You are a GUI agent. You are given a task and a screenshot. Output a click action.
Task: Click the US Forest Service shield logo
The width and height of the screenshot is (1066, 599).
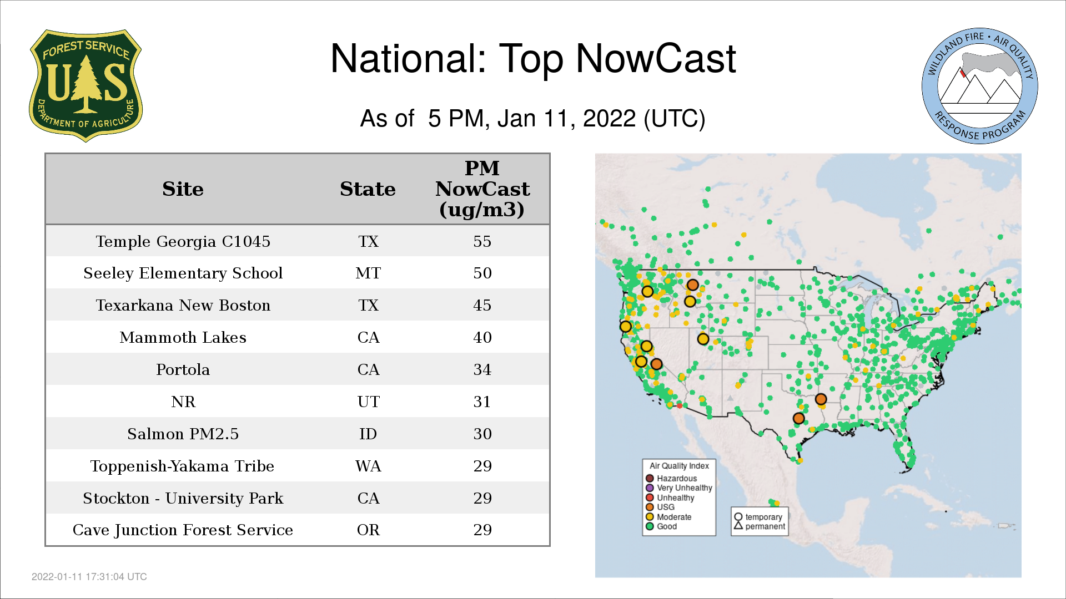86,85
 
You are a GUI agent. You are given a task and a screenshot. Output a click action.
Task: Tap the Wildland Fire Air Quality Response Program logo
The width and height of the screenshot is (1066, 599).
979,86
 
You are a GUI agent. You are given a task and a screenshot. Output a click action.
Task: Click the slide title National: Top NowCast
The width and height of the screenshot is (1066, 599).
533,58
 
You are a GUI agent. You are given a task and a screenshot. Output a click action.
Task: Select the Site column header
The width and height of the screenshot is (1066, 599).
183,189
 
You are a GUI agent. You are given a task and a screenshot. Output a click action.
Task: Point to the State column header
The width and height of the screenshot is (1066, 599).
368,189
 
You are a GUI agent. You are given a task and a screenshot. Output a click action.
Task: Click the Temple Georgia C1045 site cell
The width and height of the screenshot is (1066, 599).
183,241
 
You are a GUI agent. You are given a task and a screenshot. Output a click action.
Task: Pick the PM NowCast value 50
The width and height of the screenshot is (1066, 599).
482,273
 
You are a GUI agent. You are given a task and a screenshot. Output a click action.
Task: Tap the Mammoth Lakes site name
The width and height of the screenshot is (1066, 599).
183,337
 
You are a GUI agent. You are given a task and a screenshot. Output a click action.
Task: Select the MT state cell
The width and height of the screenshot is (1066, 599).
368,273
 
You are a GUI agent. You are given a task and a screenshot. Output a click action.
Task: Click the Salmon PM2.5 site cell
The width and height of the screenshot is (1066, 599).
183,434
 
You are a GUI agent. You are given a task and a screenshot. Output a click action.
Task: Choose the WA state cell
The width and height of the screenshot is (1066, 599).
368,466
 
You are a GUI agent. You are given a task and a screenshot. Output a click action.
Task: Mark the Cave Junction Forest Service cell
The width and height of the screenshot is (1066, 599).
183,530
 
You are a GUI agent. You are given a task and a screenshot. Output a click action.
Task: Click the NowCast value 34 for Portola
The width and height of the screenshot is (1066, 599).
482,369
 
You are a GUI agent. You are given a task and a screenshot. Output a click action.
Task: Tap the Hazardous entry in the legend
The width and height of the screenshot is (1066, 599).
671,478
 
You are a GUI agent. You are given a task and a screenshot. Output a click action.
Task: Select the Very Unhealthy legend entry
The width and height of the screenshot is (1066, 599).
678,488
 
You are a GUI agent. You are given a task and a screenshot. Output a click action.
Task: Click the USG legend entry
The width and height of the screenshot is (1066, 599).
660,507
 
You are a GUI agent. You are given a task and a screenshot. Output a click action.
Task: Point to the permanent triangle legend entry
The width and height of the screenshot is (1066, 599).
760,526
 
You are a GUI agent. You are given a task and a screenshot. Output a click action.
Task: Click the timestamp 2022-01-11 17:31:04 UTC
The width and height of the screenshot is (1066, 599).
89,577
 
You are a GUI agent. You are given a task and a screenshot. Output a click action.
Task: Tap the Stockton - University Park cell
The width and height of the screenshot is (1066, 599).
183,498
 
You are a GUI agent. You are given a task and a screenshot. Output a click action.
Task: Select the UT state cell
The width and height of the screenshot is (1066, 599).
368,402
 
